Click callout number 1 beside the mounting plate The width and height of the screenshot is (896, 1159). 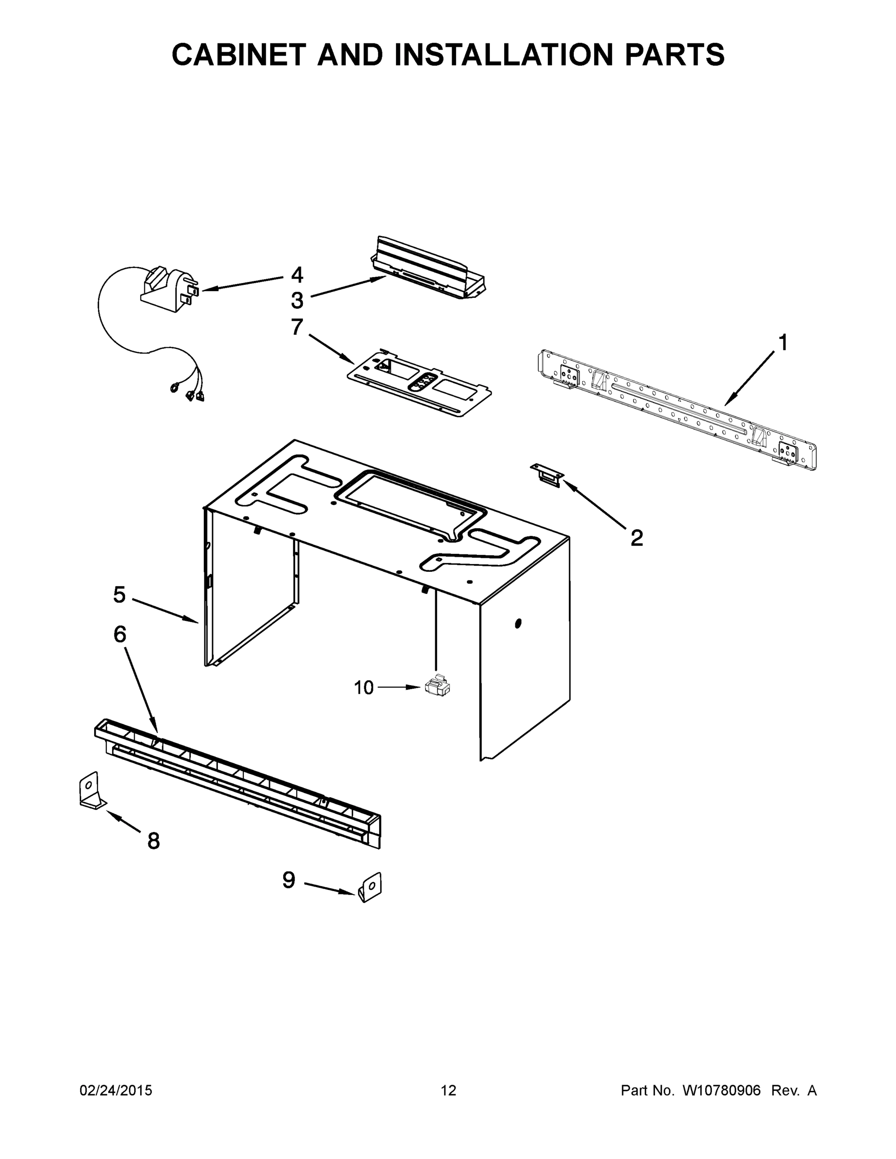782,343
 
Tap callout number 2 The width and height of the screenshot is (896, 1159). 637,537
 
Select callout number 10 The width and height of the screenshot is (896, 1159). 364,688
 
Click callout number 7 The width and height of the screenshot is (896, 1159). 297,327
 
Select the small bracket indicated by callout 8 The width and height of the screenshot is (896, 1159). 90,792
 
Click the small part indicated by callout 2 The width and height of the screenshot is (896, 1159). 547,473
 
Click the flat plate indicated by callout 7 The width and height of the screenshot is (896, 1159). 419,383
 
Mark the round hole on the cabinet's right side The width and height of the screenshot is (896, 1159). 518,623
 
